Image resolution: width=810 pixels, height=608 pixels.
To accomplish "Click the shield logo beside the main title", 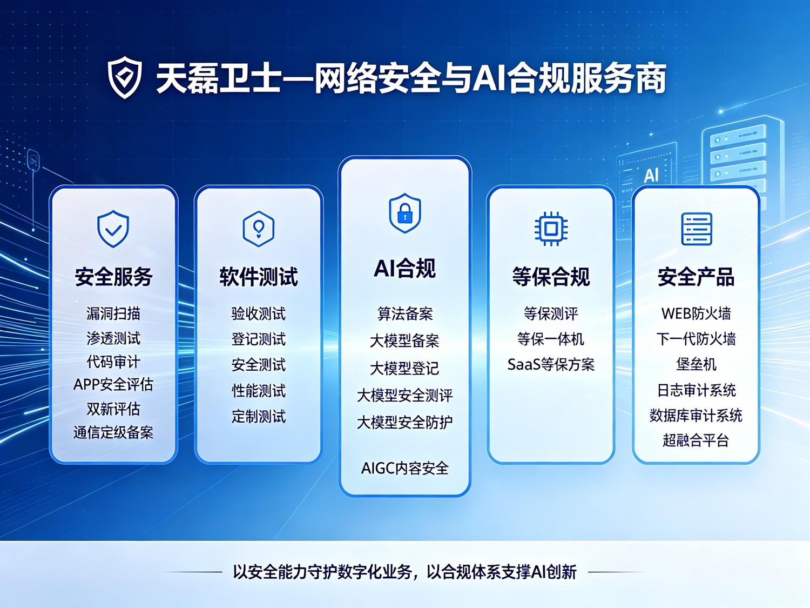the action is point(124,77).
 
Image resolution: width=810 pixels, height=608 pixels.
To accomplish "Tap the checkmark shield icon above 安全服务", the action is point(113,229).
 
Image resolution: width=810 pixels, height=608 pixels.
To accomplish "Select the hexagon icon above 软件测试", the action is point(258,229).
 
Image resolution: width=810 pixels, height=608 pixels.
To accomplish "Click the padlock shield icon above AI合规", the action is point(405,213).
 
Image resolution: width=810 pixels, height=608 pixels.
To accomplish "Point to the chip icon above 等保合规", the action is point(551,229).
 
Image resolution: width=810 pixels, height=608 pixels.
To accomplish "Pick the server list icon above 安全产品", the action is point(697,229).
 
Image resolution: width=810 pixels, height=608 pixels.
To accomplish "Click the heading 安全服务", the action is point(113,277).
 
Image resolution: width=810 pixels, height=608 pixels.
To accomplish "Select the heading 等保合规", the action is point(551,277).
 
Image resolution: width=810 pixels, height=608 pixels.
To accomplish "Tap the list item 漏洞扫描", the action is point(113,314).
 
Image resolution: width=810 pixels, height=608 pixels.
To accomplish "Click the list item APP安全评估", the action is point(113,385).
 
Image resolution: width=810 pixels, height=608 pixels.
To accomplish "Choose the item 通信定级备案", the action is point(113,432).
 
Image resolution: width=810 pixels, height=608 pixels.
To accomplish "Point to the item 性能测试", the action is point(259,391).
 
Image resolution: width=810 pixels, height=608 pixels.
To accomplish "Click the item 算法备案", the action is point(405,314).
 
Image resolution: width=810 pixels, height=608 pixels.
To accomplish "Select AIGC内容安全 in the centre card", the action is point(405,469).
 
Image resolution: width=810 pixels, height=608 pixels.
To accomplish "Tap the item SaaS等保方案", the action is point(551,365).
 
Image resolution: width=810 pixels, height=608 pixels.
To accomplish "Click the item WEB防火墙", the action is point(697,314).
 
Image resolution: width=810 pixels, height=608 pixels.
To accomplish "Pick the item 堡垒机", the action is point(697,365).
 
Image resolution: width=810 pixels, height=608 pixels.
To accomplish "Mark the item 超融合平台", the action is point(696,440).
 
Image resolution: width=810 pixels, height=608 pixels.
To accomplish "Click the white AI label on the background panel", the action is point(651,175).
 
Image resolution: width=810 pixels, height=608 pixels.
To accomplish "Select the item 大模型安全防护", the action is point(405,422).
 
